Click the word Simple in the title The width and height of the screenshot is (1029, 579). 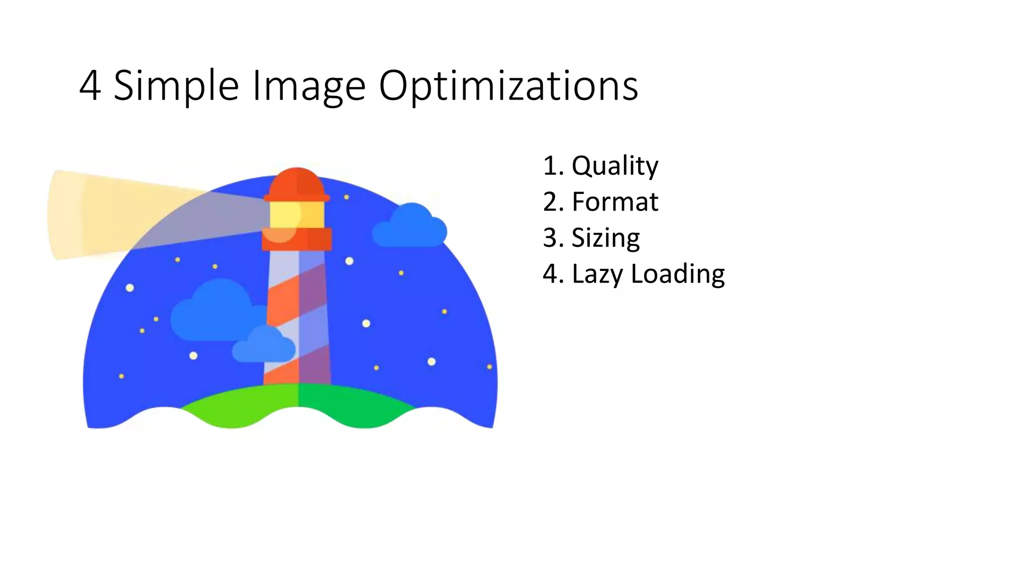(176, 86)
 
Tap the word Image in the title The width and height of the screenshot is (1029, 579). (308, 86)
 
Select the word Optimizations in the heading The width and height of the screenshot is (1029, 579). (508, 86)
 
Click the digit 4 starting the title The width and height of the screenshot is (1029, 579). (90, 86)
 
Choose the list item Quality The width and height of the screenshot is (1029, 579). (614, 166)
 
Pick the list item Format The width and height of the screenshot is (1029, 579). (614, 202)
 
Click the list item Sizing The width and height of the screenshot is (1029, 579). (605, 238)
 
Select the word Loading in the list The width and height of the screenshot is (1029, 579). (677, 274)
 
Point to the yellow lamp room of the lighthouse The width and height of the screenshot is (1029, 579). (296, 214)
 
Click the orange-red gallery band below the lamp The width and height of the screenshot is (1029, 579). (296, 239)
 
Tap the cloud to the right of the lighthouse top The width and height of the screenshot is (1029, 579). (410, 229)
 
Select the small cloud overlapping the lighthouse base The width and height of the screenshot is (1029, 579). (263, 347)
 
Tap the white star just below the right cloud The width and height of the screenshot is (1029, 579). (349, 261)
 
